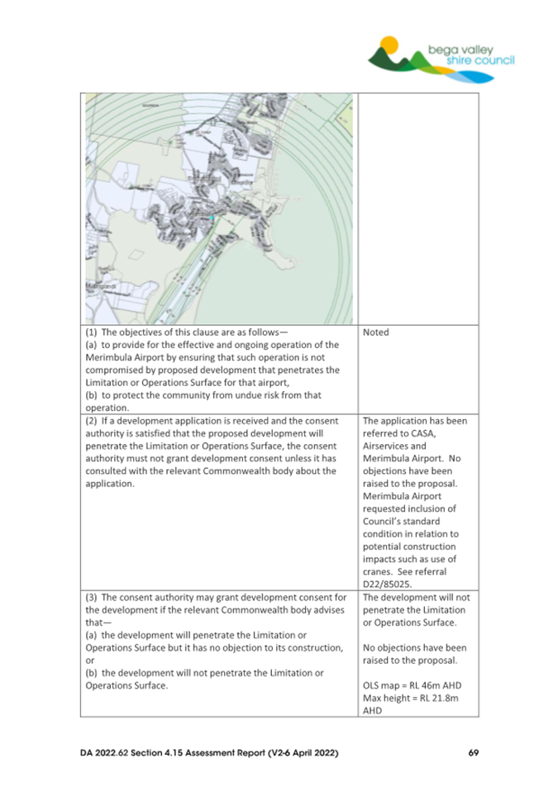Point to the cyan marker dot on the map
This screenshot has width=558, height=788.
click(x=212, y=217)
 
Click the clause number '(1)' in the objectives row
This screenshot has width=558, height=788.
click(x=93, y=332)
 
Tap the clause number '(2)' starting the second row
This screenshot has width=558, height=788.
click(x=93, y=420)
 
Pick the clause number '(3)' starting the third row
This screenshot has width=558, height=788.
click(x=93, y=596)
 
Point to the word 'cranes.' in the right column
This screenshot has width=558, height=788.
click(x=381, y=570)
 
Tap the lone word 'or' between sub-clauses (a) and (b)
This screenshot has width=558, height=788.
click(x=90, y=661)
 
